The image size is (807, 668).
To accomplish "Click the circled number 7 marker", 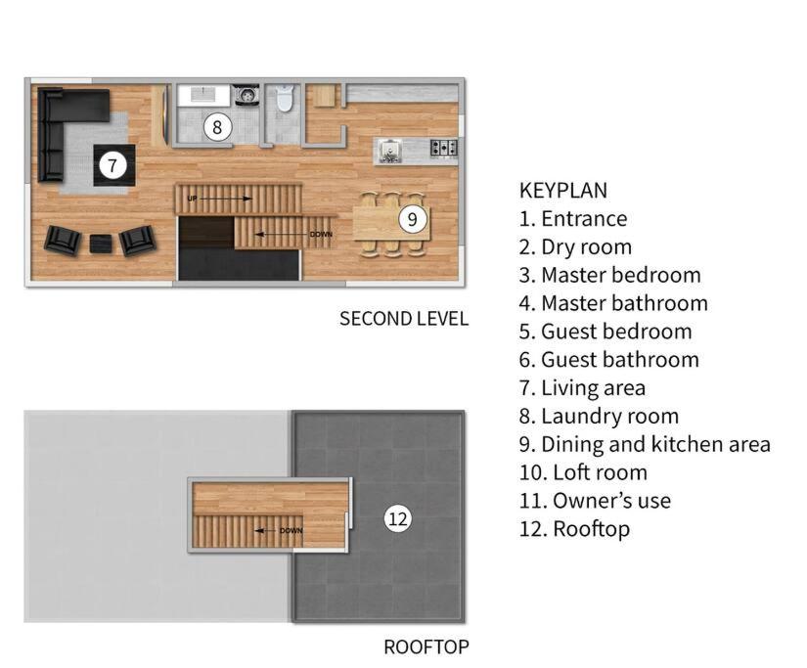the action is pyautogui.click(x=112, y=165).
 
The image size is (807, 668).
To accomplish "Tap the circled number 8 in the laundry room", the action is pyautogui.click(x=217, y=126).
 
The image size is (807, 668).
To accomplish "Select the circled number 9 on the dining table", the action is pyautogui.click(x=412, y=219).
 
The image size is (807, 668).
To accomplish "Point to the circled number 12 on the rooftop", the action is pyautogui.click(x=398, y=518).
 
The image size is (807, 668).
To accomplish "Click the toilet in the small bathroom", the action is pyautogui.click(x=284, y=98).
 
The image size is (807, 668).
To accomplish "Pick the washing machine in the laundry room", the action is pyautogui.click(x=247, y=95).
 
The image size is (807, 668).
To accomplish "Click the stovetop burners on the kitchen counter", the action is pyautogui.click(x=444, y=147).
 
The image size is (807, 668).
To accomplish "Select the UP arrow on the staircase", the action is pyautogui.click(x=220, y=199).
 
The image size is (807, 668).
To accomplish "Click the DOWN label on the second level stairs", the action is pyautogui.click(x=321, y=234).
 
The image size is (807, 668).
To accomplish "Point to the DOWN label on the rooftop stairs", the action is pyautogui.click(x=291, y=531).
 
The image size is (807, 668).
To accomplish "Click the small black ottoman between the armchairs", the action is pyautogui.click(x=101, y=244).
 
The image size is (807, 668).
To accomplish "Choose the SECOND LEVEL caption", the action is pyautogui.click(x=404, y=319).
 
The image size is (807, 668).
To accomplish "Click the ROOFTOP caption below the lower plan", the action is pyautogui.click(x=426, y=646).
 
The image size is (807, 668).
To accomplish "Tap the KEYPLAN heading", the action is pyautogui.click(x=563, y=191).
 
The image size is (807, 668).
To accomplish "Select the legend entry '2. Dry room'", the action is pyautogui.click(x=575, y=247).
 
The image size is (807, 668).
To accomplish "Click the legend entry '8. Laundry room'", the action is pyautogui.click(x=599, y=416).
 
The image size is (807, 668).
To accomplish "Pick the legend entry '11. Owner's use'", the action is pyautogui.click(x=595, y=500).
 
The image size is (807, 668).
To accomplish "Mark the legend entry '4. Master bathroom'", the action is pyautogui.click(x=613, y=303).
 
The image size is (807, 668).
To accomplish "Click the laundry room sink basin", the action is pyautogui.click(x=203, y=94).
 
